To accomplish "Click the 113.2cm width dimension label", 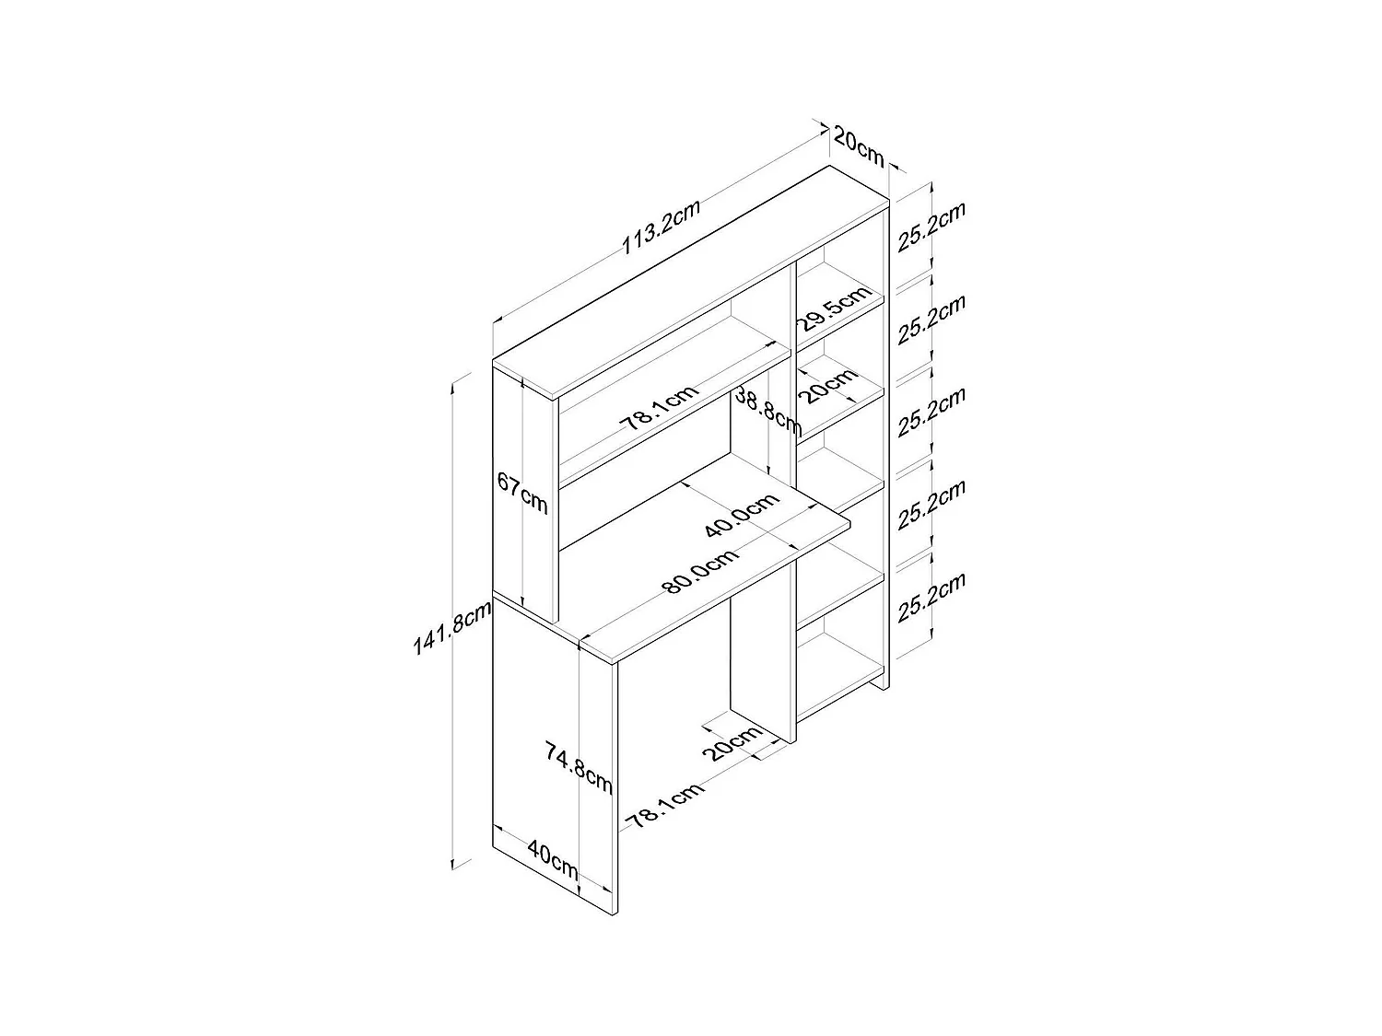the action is [x=661, y=227].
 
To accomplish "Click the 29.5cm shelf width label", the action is [x=834, y=309].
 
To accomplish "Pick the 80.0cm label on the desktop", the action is [x=699, y=572].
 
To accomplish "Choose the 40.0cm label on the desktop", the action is [x=741, y=515].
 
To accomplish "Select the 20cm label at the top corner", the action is [x=858, y=146].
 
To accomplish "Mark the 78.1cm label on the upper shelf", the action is [x=657, y=409].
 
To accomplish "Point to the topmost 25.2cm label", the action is [x=931, y=226].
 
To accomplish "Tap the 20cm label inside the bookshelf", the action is [x=827, y=389].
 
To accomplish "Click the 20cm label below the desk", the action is [x=733, y=742].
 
